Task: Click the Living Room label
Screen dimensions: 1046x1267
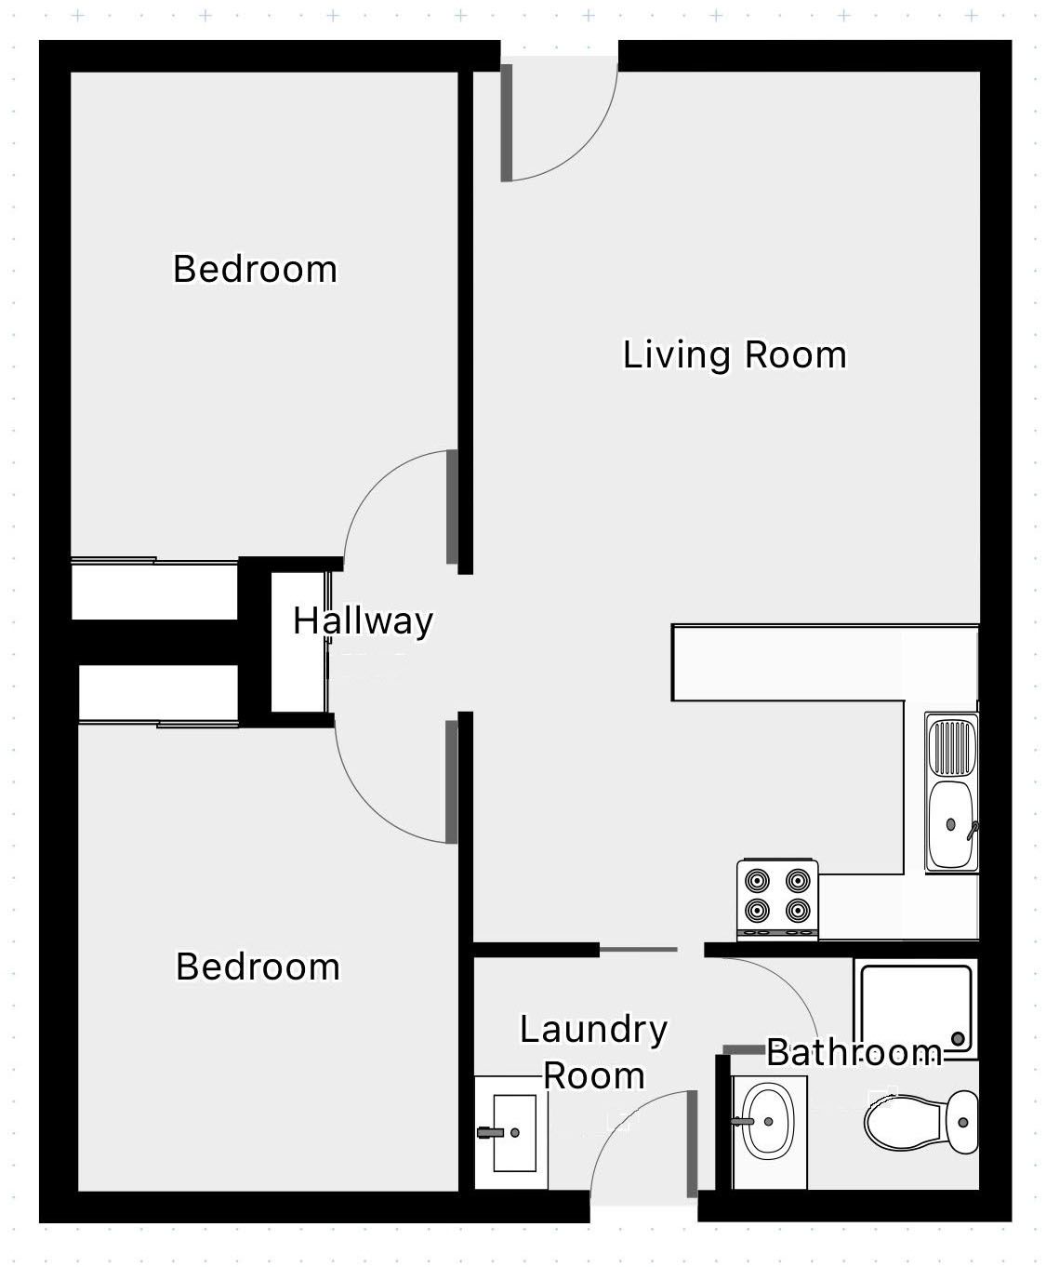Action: coord(735,354)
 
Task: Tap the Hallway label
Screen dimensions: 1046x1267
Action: coord(363,620)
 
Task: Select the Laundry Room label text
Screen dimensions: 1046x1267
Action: coord(593,1052)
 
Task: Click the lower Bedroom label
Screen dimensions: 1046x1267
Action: coord(258,966)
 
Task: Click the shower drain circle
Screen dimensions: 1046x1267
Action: coord(958,1039)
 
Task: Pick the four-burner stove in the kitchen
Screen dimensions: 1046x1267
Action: coord(777,900)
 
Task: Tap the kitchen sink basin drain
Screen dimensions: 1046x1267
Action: coord(951,824)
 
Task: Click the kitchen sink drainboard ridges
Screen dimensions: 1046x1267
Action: coord(952,748)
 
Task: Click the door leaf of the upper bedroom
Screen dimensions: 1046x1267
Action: coord(452,507)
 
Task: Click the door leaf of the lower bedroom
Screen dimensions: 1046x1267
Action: coord(451,782)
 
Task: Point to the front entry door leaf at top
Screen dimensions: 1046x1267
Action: coord(507,123)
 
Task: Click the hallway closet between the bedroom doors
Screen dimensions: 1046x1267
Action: coord(298,642)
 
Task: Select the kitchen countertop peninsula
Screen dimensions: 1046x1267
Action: coord(826,663)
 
